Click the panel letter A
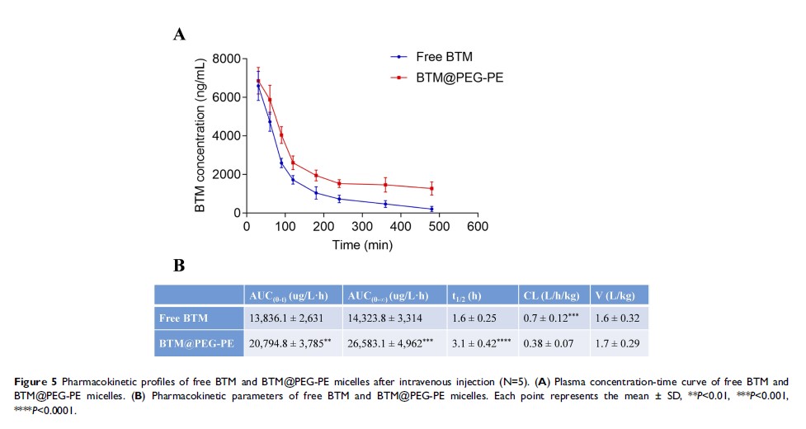pos(177,33)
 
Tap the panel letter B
pos(177,266)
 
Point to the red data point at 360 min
pos(385,185)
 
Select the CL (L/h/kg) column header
pos(551,295)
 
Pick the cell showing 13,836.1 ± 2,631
pos(292,318)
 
